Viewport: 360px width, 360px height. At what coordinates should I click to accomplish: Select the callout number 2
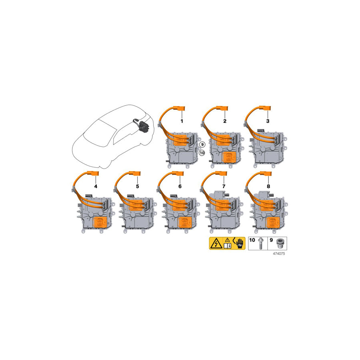point(225,121)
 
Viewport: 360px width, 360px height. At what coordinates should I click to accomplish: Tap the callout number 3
point(268,121)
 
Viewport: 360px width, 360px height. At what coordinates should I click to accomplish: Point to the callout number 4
point(96,186)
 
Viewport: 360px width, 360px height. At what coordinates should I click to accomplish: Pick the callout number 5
point(137,186)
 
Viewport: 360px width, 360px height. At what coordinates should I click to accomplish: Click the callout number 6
point(180,186)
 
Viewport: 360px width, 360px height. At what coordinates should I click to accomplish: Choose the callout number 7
point(224,186)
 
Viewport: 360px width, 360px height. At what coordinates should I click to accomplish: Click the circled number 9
point(202,144)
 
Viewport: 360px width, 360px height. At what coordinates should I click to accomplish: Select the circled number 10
point(202,153)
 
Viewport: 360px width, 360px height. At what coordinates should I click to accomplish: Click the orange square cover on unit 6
point(184,224)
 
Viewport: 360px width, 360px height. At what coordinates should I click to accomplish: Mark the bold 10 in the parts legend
point(252,240)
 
